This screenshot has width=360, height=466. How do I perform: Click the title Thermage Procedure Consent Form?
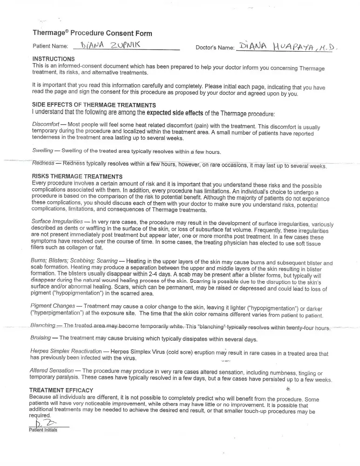92,33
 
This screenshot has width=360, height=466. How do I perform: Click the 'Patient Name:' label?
50,47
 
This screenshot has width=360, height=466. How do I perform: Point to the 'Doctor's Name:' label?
215,48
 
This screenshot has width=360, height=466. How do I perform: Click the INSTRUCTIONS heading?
53,59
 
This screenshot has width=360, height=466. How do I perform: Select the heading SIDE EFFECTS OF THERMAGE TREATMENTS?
94,105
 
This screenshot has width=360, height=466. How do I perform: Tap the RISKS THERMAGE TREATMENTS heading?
77,177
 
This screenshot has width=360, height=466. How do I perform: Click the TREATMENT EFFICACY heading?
61,390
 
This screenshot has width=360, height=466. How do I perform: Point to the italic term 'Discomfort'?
46,125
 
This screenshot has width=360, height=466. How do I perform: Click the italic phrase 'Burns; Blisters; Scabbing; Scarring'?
74,262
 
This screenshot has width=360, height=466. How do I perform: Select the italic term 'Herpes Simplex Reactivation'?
66,351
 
